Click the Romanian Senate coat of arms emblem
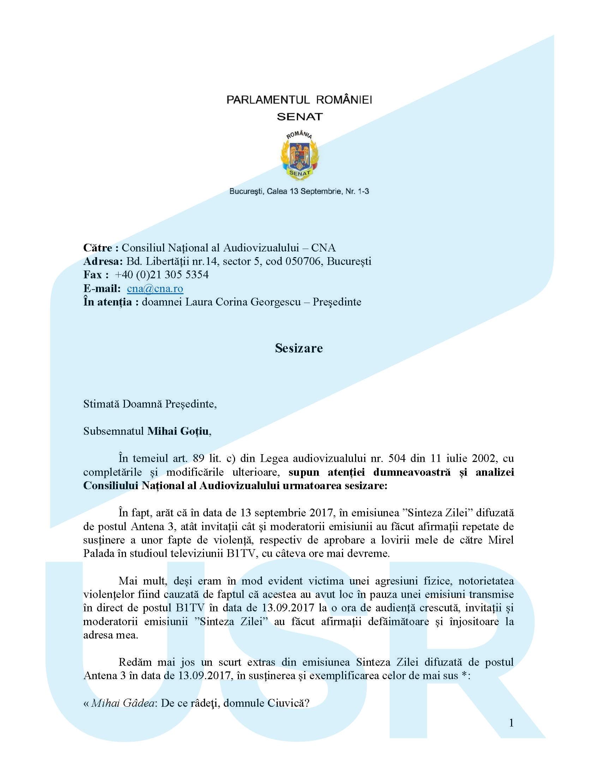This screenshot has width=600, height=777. (x=300, y=155)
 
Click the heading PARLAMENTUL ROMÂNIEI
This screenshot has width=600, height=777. (x=299, y=100)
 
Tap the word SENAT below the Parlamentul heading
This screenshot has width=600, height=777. (x=300, y=117)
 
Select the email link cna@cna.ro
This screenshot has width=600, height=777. (x=155, y=289)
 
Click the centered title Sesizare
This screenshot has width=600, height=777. (x=299, y=348)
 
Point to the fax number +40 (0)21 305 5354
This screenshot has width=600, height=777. (x=162, y=275)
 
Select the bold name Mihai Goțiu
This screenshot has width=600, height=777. (x=178, y=431)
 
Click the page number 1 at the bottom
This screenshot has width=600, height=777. (x=511, y=723)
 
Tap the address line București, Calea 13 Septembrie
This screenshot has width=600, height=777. (x=299, y=191)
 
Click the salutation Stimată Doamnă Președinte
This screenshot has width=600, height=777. (x=150, y=404)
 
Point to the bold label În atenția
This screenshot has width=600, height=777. (x=107, y=302)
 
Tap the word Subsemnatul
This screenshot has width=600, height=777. (x=114, y=431)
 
